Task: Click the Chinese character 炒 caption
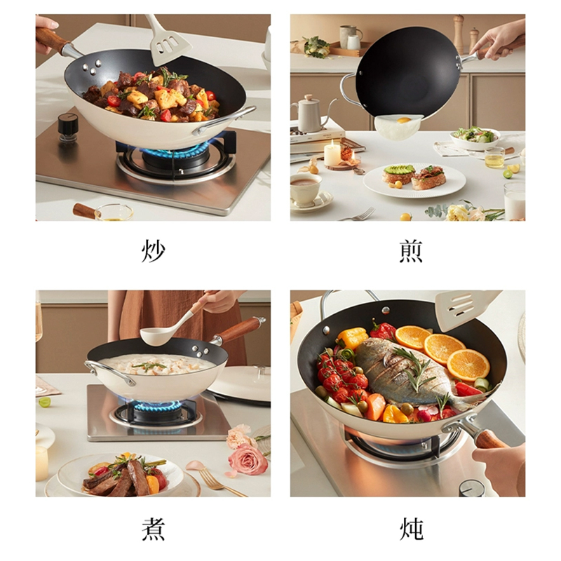tap(153, 250)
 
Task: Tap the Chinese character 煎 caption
tap(411, 250)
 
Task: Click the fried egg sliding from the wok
tap(398, 126)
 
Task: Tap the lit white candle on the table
tap(332, 154)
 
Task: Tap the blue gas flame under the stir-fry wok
tap(167, 151)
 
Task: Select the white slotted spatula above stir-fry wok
tap(168, 44)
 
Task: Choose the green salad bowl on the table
tap(475, 137)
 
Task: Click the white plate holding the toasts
tap(414, 180)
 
